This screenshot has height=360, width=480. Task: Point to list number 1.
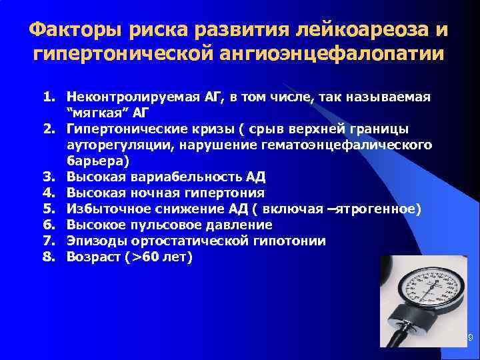pos(49,97)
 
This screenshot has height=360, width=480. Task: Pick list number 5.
pos(49,209)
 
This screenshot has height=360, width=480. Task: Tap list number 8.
pos(49,257)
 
